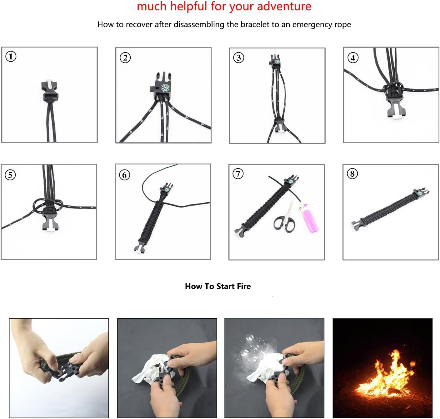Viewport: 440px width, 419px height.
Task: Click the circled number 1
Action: coord(11,56)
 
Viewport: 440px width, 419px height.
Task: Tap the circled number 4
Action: coord(353,58)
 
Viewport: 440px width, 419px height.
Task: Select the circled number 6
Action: coord(124,175)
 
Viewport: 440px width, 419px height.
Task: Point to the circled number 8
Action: coord(352,174)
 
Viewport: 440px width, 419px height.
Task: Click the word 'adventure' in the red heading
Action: coord(284,6)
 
